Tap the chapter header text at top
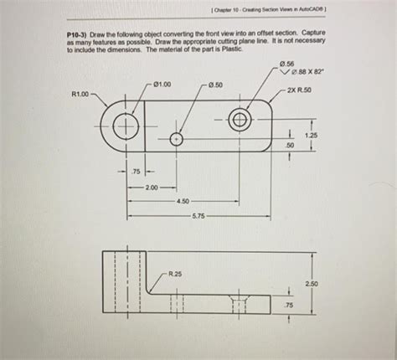tap(281, 11)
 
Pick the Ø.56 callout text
tap(287, 64)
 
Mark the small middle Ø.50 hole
tap(177, 140)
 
